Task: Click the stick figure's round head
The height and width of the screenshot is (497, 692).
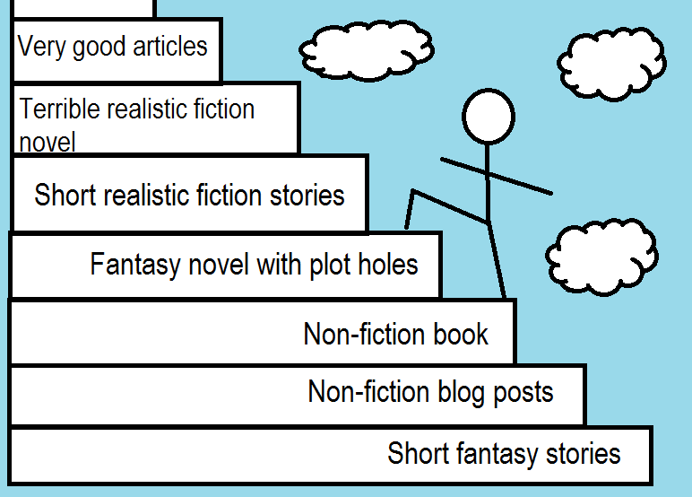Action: click(x=488, y=116)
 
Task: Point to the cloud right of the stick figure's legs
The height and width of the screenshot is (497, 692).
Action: click(x=601, y=256)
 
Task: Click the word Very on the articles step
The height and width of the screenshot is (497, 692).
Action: click(x=42, y=46)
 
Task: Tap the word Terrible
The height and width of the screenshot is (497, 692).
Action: click(x=59, y=109)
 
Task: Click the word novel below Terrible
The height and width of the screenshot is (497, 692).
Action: click(x=48, y=142)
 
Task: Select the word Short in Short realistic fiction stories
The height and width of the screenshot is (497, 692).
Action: click(x=62, y=195)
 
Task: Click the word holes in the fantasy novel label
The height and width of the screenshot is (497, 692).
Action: click(x=387, y=265)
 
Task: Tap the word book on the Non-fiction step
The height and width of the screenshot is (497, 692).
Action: click(x=461, y=335)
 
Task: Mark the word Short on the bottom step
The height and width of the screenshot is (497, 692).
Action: click(x=415, y=453)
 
